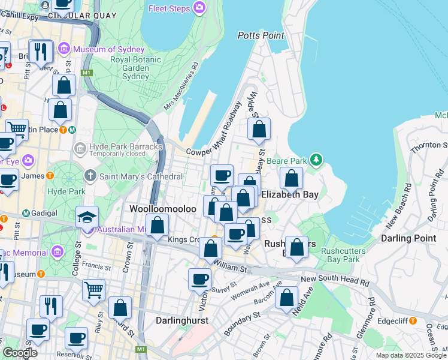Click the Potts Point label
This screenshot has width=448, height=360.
coord(261,35)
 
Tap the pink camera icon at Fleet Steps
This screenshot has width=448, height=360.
coord(199,8)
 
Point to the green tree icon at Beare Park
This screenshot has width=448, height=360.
coord(316,160)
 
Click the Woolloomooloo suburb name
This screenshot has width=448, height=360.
coord(163,208)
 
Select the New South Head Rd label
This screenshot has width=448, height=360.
coord(333,280)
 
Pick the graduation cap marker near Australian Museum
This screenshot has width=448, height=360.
coord(87,217)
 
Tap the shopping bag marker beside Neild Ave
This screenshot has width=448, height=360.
coord(287,298)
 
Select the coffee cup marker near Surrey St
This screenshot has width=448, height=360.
coord(199,279)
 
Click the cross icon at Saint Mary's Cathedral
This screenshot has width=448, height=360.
coord(90,176)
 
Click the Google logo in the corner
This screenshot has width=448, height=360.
coord(20,353)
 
